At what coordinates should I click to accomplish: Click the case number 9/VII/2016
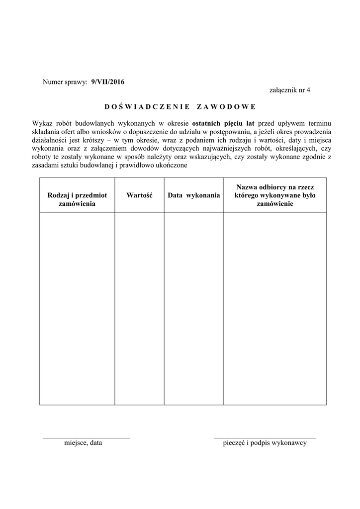(108, 81)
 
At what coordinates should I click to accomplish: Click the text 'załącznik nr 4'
(289, 90)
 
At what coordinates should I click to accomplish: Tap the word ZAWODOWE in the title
(226, 106)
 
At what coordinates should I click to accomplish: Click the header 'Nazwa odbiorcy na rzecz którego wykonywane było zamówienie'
(275, 195)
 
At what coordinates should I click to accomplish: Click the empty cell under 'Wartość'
(139, 308)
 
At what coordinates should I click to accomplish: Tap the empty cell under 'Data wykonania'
(193, 308)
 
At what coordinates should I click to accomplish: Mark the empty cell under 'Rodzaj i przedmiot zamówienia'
(77, 308)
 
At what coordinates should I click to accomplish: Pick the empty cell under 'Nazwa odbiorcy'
(275, 308)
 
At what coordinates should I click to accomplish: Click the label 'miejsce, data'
(83, 443)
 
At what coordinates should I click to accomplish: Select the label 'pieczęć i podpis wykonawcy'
(265, 443)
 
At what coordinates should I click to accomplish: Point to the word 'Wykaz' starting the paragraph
(42, 123)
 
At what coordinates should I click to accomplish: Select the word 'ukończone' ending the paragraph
(172, 166)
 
